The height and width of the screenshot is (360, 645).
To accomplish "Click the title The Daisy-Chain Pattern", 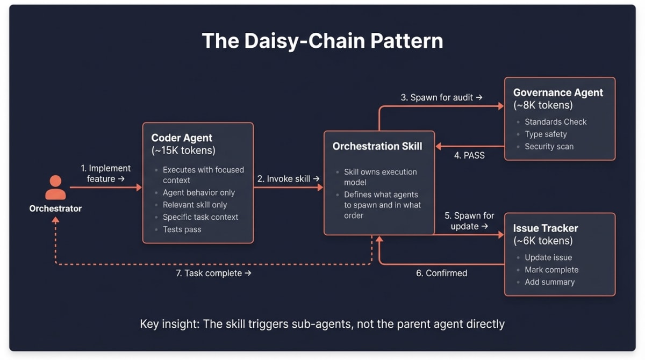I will pos(322,41).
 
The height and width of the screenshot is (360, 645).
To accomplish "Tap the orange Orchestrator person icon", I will pos(55,188).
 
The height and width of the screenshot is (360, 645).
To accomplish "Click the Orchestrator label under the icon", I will pos(55,208).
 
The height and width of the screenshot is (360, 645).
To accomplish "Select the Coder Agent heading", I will pos(182,138).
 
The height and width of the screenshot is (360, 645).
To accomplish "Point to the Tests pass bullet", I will pos(182,229).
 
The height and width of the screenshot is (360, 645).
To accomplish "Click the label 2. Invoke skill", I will pos(288,179).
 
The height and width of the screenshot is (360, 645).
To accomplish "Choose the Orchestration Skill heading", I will pos(377,146).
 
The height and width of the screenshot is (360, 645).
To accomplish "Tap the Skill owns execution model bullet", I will pos(380,177).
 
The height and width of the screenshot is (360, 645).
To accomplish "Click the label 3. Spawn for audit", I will pos(441,97).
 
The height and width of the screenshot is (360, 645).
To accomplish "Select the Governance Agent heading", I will pos(558,92).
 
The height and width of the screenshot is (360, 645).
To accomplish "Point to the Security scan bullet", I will pos(549,147).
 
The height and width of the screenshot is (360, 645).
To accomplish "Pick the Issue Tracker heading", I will pos(546,228).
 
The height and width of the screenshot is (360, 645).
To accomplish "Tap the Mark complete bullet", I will pos(551,270).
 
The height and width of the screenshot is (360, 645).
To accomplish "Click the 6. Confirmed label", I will pos(441,273).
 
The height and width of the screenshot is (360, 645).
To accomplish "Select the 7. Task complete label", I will pos(213,273).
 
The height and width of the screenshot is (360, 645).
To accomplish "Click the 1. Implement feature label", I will pos(105,174).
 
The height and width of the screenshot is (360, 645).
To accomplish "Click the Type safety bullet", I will pos(546,134).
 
